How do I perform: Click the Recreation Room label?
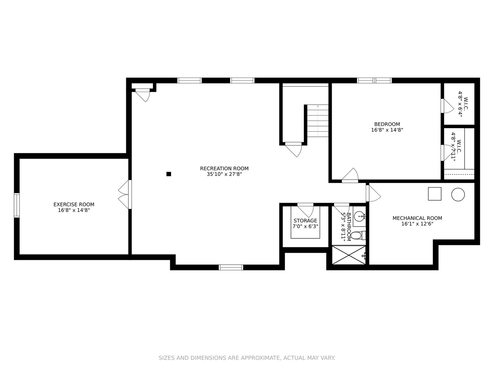(224, 168)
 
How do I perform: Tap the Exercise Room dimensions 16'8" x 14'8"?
(74, 210)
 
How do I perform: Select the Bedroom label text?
(387, 124)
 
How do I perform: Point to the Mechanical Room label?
(417, 218)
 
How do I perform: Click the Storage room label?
(305, 221)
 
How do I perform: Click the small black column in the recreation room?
(168, 174)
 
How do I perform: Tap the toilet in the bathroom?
(357, 236)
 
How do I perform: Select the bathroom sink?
(359, 217)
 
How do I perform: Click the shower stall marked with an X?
(349, 255)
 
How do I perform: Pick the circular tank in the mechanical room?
(458, 194)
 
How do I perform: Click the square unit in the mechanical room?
(434, 194)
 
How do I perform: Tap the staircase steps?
(318, 121)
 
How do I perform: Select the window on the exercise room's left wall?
(16, 205)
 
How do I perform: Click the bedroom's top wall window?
(374, 80)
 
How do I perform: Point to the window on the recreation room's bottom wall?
(231, 267)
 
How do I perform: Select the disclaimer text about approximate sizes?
(247, 358)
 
